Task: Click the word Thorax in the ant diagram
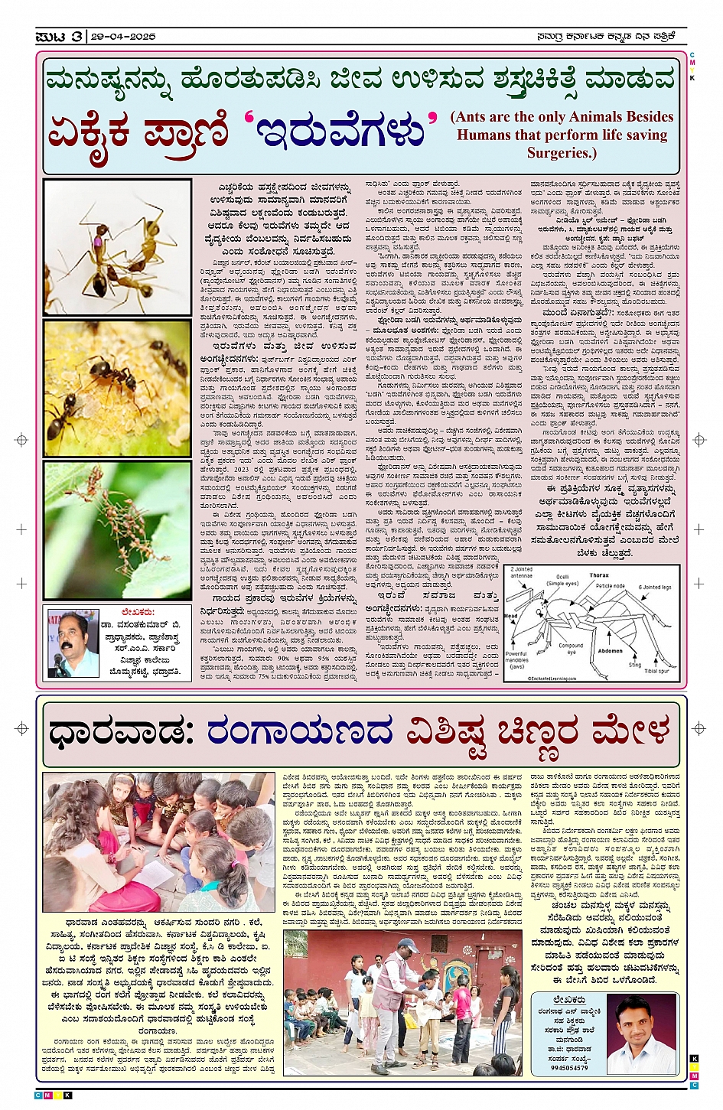click(x=599, y=575)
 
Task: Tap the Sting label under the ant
click(x=634, y=665)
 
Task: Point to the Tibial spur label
click(x=656, y=671)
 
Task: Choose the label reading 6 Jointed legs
click(x=655, y=587)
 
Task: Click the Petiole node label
click(x=610, y=586)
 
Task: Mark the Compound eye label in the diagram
click(x=571, y=649)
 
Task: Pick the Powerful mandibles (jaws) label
click(x=517, y=659)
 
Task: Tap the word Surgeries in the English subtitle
click(x=561, y=152)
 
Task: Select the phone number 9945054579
click(x=569, y=1068)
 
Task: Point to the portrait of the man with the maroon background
click(x=644, y=1034)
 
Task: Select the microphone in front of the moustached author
click(x=58, y=660)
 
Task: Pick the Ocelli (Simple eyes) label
click(x=562, y=580)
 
